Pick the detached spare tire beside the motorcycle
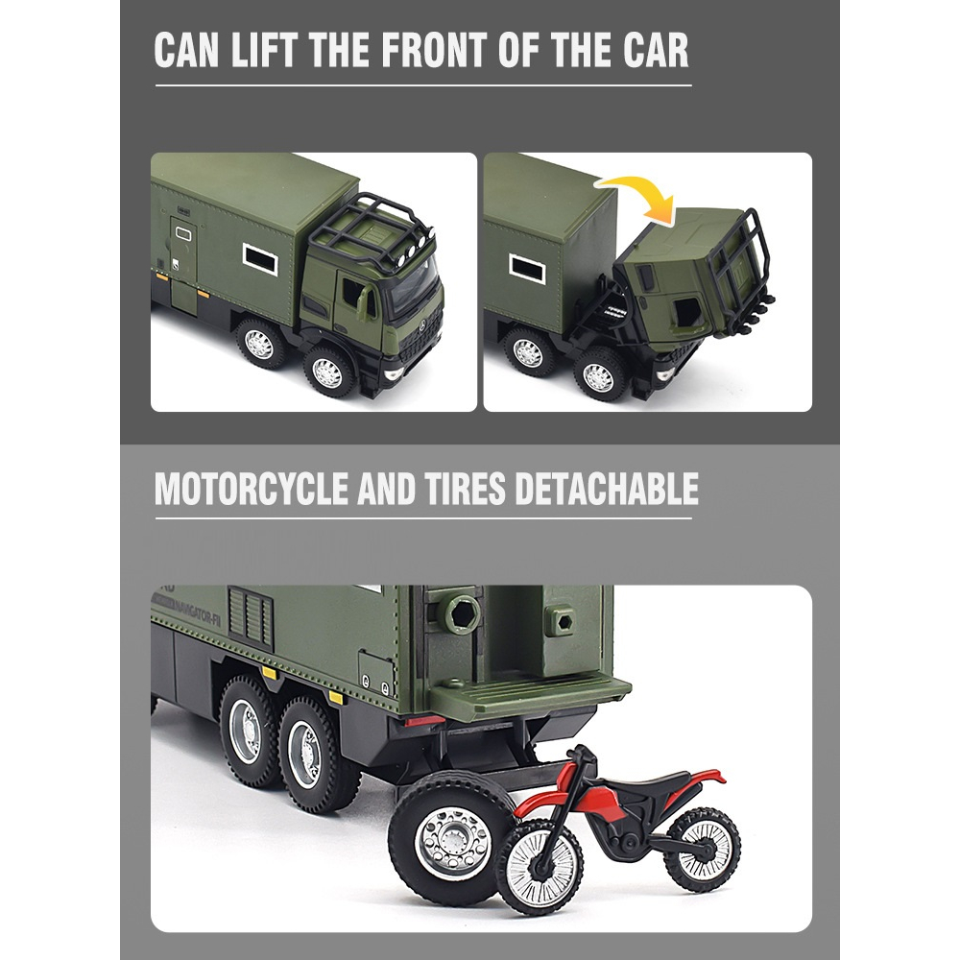click(444, 837)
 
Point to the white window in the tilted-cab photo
click(527, 268)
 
